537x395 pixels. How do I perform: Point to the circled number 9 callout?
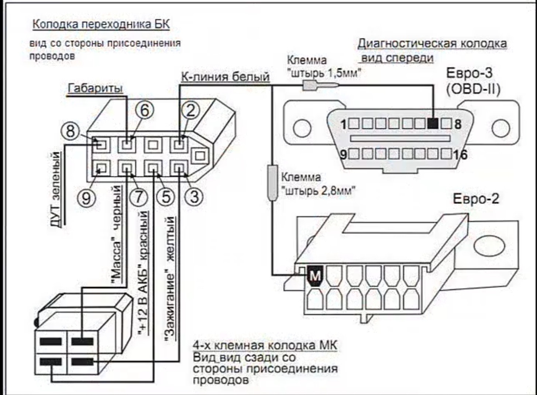[x=86, y=198]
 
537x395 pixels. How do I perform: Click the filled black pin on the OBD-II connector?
[x=433, y=124]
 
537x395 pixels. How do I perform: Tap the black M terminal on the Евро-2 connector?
[x=315, y=276]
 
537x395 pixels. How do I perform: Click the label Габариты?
[x=96, y=88]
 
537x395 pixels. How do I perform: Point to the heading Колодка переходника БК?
[x=101, y=24]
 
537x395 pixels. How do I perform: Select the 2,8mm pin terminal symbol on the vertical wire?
[x=273, y=183]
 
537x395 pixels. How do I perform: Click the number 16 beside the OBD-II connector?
[x=460, y=155]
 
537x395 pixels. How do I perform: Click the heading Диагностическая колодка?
[x=432, y=44]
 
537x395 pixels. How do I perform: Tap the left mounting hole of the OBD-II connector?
[x=302, y=128]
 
